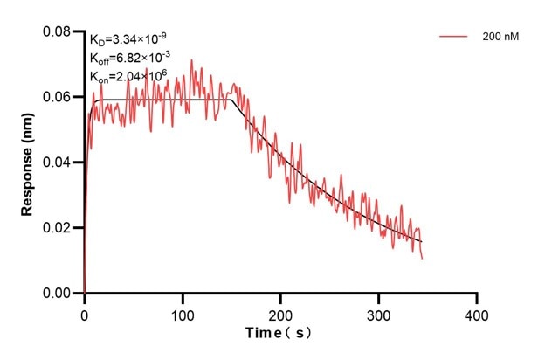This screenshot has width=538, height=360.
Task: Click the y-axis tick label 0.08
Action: pyautogui.click(x=59, y=32)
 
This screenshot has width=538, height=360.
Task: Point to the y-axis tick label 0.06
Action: pyautogui.click(x=59, y=97)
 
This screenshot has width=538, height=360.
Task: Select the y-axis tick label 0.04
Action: pyautogui.click(x=59, y=163)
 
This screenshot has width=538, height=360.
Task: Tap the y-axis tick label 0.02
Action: pyautogui.click(x=59, y=228)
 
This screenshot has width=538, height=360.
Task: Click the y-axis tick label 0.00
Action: pyautogui.click(x=59, y=294)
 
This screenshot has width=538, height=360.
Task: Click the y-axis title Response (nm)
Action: pyautogui.click(x=28, y=163)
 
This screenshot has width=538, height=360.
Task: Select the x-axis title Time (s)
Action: pyautogui.click(x=279, y=334)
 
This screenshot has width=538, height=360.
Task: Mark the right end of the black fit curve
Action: pyautogui.click(x=422, y=241)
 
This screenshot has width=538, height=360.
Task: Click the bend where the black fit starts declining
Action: pyautogui.click(x=232, y=100)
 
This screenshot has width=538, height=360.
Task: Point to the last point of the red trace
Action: pyautogui.click(x=423, y=259)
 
